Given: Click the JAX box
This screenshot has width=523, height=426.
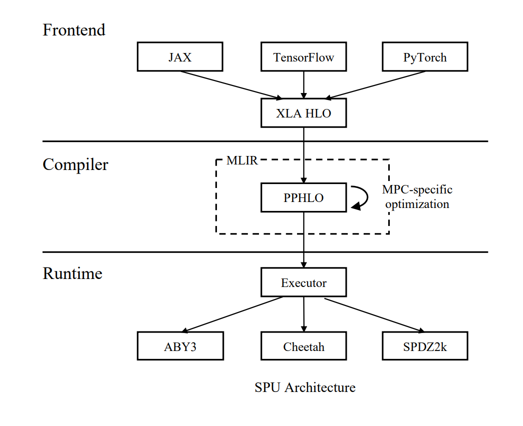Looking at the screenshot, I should click(180, 57).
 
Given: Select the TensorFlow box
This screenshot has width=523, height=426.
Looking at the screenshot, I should click(304, 57).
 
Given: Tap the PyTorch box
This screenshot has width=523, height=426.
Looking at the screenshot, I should click(425, 57).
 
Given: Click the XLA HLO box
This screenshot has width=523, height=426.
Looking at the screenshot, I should click(304, 113).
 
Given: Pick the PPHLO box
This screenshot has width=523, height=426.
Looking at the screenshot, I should click(304, 197).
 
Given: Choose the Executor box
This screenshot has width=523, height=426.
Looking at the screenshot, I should click(304, 283).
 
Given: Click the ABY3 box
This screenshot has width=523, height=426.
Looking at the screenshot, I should click(180, 346).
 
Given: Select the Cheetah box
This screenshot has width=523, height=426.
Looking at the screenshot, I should click(304, 346).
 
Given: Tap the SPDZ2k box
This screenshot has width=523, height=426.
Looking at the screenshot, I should click(425, 346).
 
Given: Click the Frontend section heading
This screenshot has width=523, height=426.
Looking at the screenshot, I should click(74, 30).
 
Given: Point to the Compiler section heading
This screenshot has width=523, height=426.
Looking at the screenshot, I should click(75, 164).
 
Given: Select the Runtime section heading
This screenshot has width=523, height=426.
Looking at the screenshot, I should click(73, 273).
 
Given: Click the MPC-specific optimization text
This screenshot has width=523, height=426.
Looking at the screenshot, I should click(417, 197).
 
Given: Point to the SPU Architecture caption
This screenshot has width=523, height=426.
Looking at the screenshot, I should click(305, 387).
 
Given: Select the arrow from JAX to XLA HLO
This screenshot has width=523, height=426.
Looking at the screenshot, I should click(230, 84).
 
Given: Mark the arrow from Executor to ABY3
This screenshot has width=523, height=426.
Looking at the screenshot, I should click(233, 314).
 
